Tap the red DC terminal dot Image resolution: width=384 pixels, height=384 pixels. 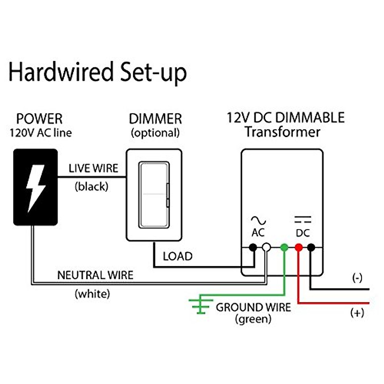click(x=299, y=247)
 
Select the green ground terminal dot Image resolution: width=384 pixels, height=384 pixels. click(x=284, y=247)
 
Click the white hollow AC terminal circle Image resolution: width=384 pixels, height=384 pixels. click(x=266, y=247)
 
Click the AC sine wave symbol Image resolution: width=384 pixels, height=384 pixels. click(x=258, y=220)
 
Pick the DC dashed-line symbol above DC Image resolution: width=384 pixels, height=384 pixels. click(x=303, y=220)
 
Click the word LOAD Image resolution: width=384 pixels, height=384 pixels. click(x=178, y=256)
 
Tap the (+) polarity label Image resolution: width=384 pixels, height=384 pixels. click(x=357, y=313)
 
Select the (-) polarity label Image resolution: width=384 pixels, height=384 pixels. click(x=357, y=278)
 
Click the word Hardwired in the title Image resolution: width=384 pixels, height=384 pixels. click(x=61, y=72)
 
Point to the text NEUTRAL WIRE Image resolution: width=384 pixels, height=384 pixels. click(x=95, y=275)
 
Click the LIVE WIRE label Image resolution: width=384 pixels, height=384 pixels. click(x=93, y=168)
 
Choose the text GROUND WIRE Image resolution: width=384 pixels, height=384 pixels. click(x=253, y=308)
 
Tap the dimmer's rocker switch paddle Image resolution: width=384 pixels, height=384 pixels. click(x=154, y=195)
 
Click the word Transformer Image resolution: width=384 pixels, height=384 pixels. click(x=283, y=132)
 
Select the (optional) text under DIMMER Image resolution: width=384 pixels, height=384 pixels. click(x=155, y=133)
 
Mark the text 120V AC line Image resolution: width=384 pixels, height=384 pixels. click(x=41, y=133)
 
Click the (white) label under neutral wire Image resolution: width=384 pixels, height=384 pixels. click(x=92, y=293)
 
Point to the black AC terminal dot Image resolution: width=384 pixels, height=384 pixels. click(x=253, y=247)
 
